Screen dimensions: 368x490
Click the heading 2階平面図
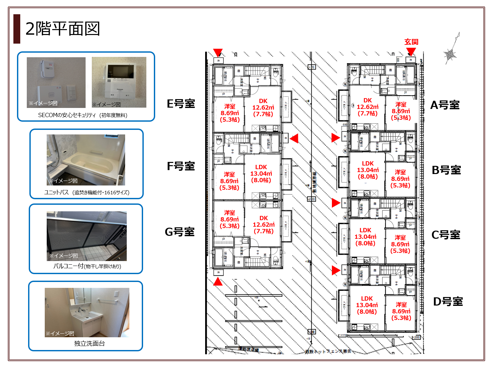[62, 29]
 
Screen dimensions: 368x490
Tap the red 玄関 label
[411, 42]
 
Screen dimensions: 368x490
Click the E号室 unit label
[181, 104]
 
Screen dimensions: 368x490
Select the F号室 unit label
[181, 166]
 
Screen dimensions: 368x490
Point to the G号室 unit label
[180, 232]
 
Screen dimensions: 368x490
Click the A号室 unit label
[445, 105]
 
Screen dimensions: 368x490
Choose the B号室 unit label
[446, 170]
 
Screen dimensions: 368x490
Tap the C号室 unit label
[446, 235]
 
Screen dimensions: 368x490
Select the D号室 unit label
[448, 302]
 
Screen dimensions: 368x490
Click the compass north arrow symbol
[451, 51]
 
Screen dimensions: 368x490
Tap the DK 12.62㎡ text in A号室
[367, 107]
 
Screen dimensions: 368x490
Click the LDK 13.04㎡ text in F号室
[261, 173]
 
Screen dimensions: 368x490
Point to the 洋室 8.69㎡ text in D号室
[401, 311]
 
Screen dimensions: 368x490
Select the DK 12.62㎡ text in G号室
[264, 224]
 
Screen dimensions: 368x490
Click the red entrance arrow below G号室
[218, 281]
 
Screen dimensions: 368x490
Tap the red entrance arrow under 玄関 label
[411, 52]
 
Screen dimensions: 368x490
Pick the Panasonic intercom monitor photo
[119, 82]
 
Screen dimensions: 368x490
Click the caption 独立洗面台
[89, 343]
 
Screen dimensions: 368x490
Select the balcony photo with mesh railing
[87, 236]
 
